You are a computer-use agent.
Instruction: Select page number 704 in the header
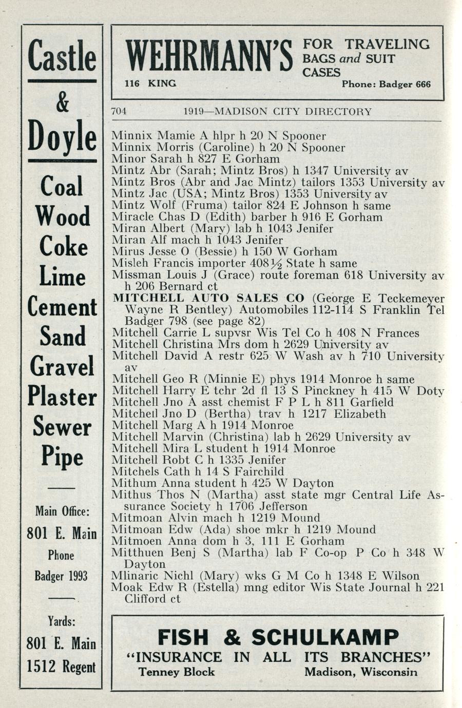coord(119,111)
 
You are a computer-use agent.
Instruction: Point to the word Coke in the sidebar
coord(63,248)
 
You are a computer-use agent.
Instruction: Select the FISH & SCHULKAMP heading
coord(278,637)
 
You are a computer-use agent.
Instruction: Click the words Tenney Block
coord(177,672)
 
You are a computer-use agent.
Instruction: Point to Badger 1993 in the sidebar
coord(62,576)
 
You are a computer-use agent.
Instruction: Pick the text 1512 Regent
coord(62,666)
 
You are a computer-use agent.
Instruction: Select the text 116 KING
coord(150,83)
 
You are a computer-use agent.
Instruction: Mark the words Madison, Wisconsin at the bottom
coord(360,672)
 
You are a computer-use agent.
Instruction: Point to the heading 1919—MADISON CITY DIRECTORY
coord(277,111)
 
